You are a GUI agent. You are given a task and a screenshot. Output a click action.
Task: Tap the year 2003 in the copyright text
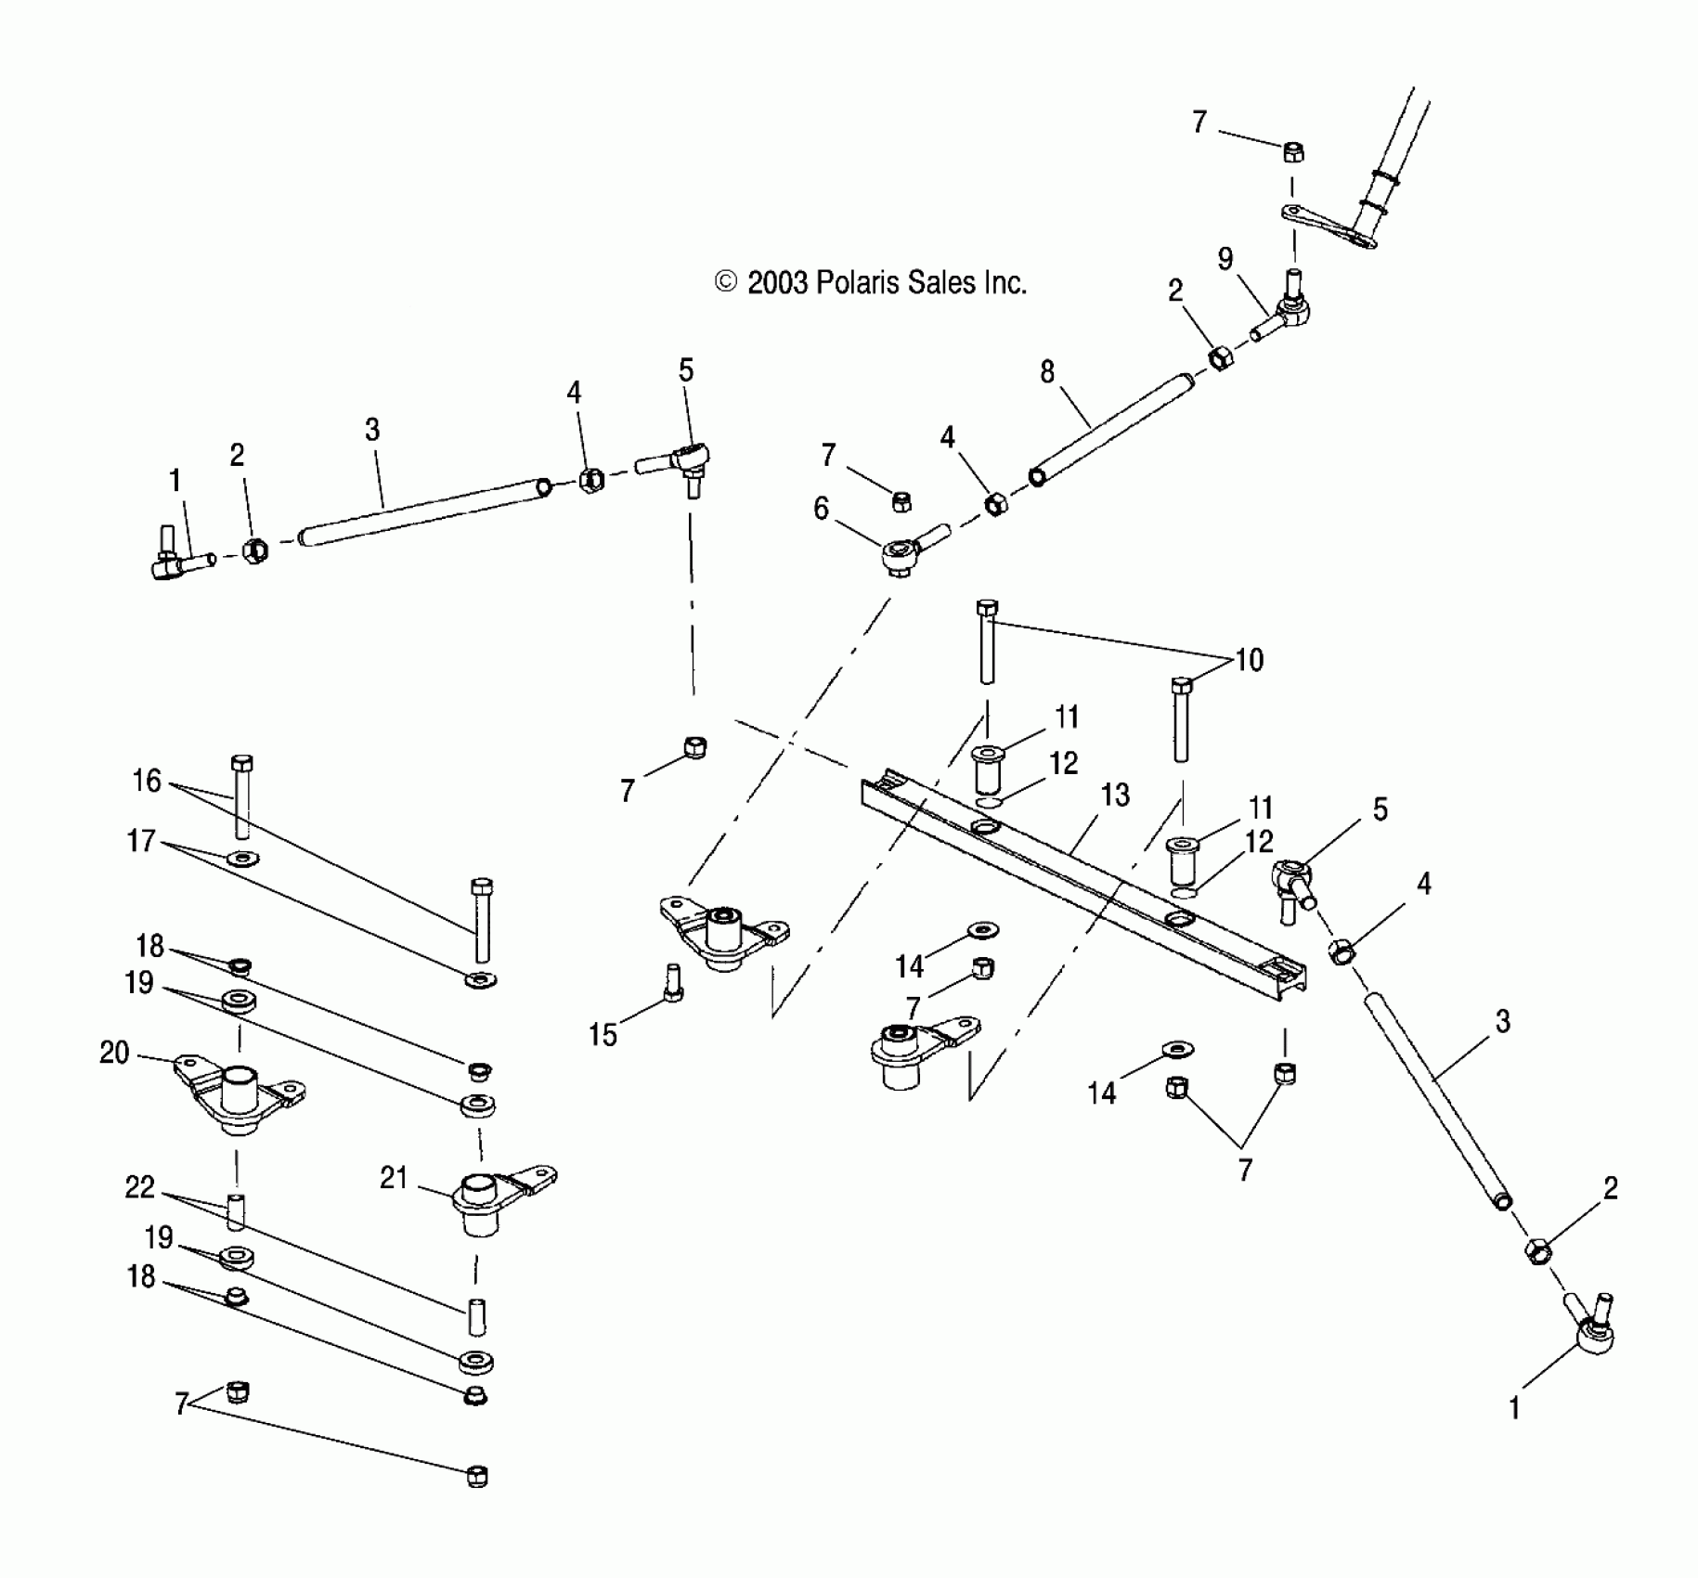pyautogui.click(x=778, y=282)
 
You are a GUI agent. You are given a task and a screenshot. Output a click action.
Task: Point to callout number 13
pyautogui.click(x=1114, y=795)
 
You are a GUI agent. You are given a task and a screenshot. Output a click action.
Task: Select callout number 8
pyautogui.click(x=1047, y=372)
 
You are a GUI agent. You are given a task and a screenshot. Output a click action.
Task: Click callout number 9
pyautogui.click(x=1225, y=259)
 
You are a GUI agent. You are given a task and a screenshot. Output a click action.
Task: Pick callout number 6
pyautogui.click(x=821, y=509)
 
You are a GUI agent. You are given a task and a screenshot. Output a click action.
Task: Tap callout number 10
pyautogui.click(x=1250, y=660)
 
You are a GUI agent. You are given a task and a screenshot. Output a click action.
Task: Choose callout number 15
pyautogui.click(x=603, y=1034)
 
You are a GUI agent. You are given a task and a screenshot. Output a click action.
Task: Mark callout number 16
pyautogui.click(x=147, y=781)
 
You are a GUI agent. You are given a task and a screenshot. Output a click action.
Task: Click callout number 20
pyautogui.click(x=114, y=1053)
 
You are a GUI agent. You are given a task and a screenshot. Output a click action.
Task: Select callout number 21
pyautogui.click(x=394, y=1178)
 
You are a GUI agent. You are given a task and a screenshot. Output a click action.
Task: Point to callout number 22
pyautogui.click(x=139, y=1187)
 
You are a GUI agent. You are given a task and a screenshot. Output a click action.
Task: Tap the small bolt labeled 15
pyautogui.click(x=673, y=982)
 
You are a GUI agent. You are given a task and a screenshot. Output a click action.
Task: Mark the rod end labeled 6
pyautogui.click(x=905, y=554)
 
